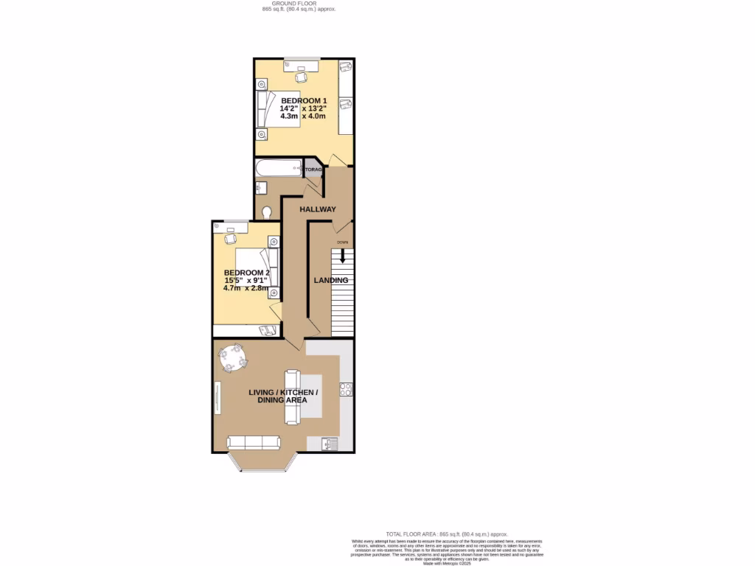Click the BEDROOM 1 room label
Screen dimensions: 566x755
(303, 100)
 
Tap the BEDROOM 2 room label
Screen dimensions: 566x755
(248, 272)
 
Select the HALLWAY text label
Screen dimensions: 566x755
(317, 209)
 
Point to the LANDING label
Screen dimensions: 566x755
(330, 280)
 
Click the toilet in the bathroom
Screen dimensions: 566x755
(267, 212)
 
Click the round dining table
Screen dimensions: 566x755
(233, 358)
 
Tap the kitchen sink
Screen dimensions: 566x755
(330, 443)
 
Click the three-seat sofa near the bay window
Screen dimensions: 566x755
(254, 442)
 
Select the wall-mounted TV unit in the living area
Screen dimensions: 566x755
(217, 398)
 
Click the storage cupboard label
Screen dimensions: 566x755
(314, 170)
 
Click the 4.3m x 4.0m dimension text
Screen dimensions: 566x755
(303, 116)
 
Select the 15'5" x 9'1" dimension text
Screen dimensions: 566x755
(247, 280)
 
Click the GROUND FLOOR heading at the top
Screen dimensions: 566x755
(299, 4)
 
